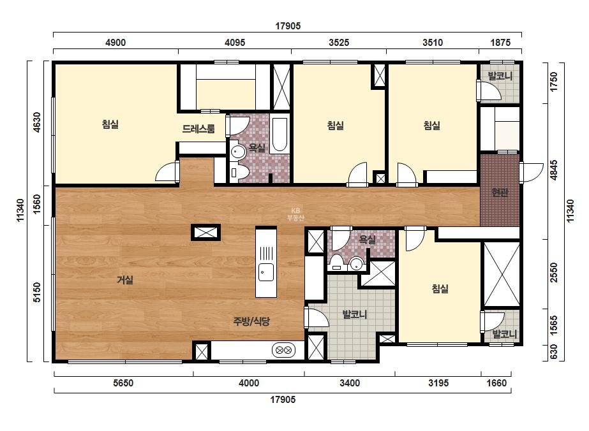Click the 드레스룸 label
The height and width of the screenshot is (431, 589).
coord(198,129)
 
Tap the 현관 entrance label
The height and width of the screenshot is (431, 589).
coord(500,193)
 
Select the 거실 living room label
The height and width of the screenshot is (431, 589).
coord(125,280)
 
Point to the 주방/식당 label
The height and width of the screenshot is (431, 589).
coord(251,321)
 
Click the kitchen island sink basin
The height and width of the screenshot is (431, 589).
coord(266,272)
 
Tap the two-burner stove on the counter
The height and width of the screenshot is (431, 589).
coord(283,350)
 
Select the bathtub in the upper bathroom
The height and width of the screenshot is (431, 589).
coord(280,135)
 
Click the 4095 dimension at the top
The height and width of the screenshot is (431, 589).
coord(235,43)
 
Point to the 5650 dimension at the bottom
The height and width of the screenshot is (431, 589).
coord(123,383)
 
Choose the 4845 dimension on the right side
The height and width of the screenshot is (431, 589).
coord(553,170)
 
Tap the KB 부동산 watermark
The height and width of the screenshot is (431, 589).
coord(295,214)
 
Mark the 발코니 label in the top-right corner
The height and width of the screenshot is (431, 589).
coord(500,76)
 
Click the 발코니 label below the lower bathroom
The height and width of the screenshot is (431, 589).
coord(355,314)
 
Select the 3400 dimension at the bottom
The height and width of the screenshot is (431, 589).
coord(349,383)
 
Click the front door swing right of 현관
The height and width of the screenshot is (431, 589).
coord(532,173)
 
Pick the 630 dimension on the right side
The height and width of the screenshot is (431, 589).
coord(553,352)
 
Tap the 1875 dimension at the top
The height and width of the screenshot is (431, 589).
coord(500,43)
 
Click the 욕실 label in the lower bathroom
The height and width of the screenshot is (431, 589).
coord(367,239)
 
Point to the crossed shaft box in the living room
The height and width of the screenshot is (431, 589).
coord(205,232)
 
